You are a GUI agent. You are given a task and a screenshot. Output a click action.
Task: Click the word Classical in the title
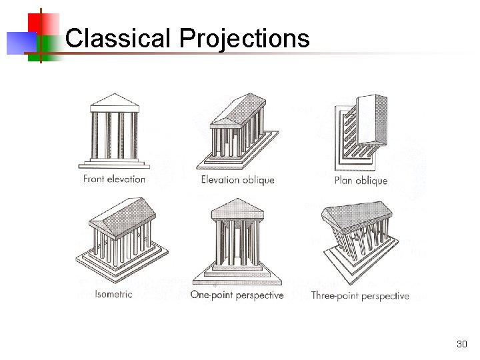coord(119,38)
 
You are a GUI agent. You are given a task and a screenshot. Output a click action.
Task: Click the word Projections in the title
coord(245,39)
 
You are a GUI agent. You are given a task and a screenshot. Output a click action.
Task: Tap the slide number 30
coord(462,344)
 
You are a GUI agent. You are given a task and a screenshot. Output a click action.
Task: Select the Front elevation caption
coord(114,179)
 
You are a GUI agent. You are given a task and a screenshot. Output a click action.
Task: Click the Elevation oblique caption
coord(237,180)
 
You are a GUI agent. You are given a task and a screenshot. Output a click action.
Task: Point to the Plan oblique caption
coord(361,180)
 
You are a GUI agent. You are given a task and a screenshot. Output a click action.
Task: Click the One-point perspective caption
coord(237,295)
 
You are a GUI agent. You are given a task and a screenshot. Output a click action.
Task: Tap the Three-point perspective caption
coord(360,295)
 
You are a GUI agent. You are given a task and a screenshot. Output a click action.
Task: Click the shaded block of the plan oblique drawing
coord(371,121)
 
